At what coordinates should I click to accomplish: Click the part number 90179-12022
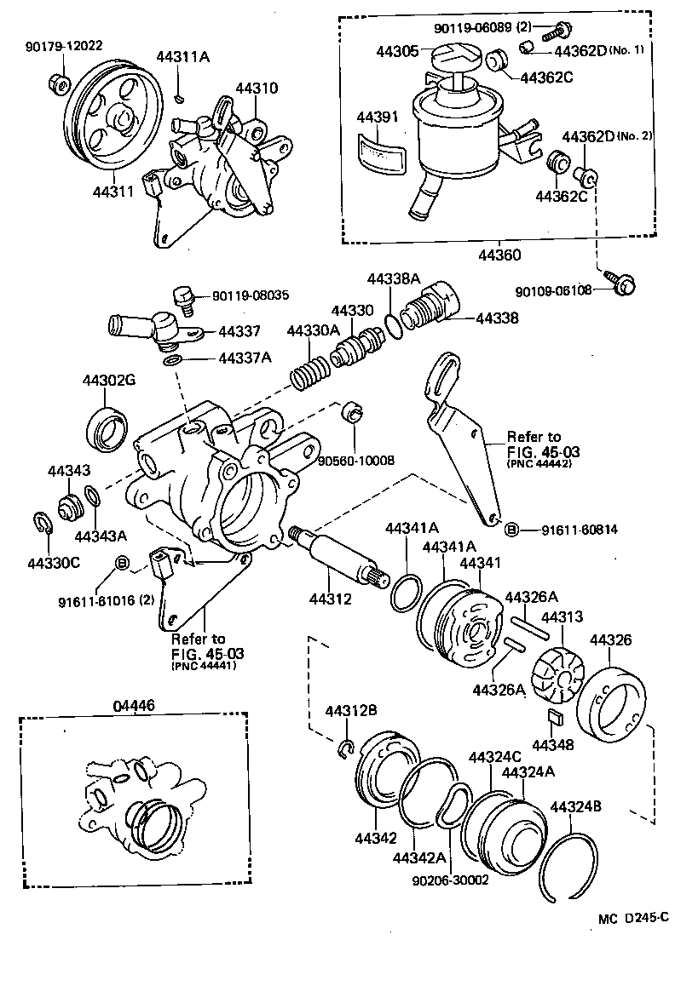pos(64,46)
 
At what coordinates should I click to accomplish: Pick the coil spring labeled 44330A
pos(309,371)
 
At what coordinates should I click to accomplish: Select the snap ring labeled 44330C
pos(42,527)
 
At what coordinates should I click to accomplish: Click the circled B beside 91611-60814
pos(512,530)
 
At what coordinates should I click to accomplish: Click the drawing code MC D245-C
pos(634,920)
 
